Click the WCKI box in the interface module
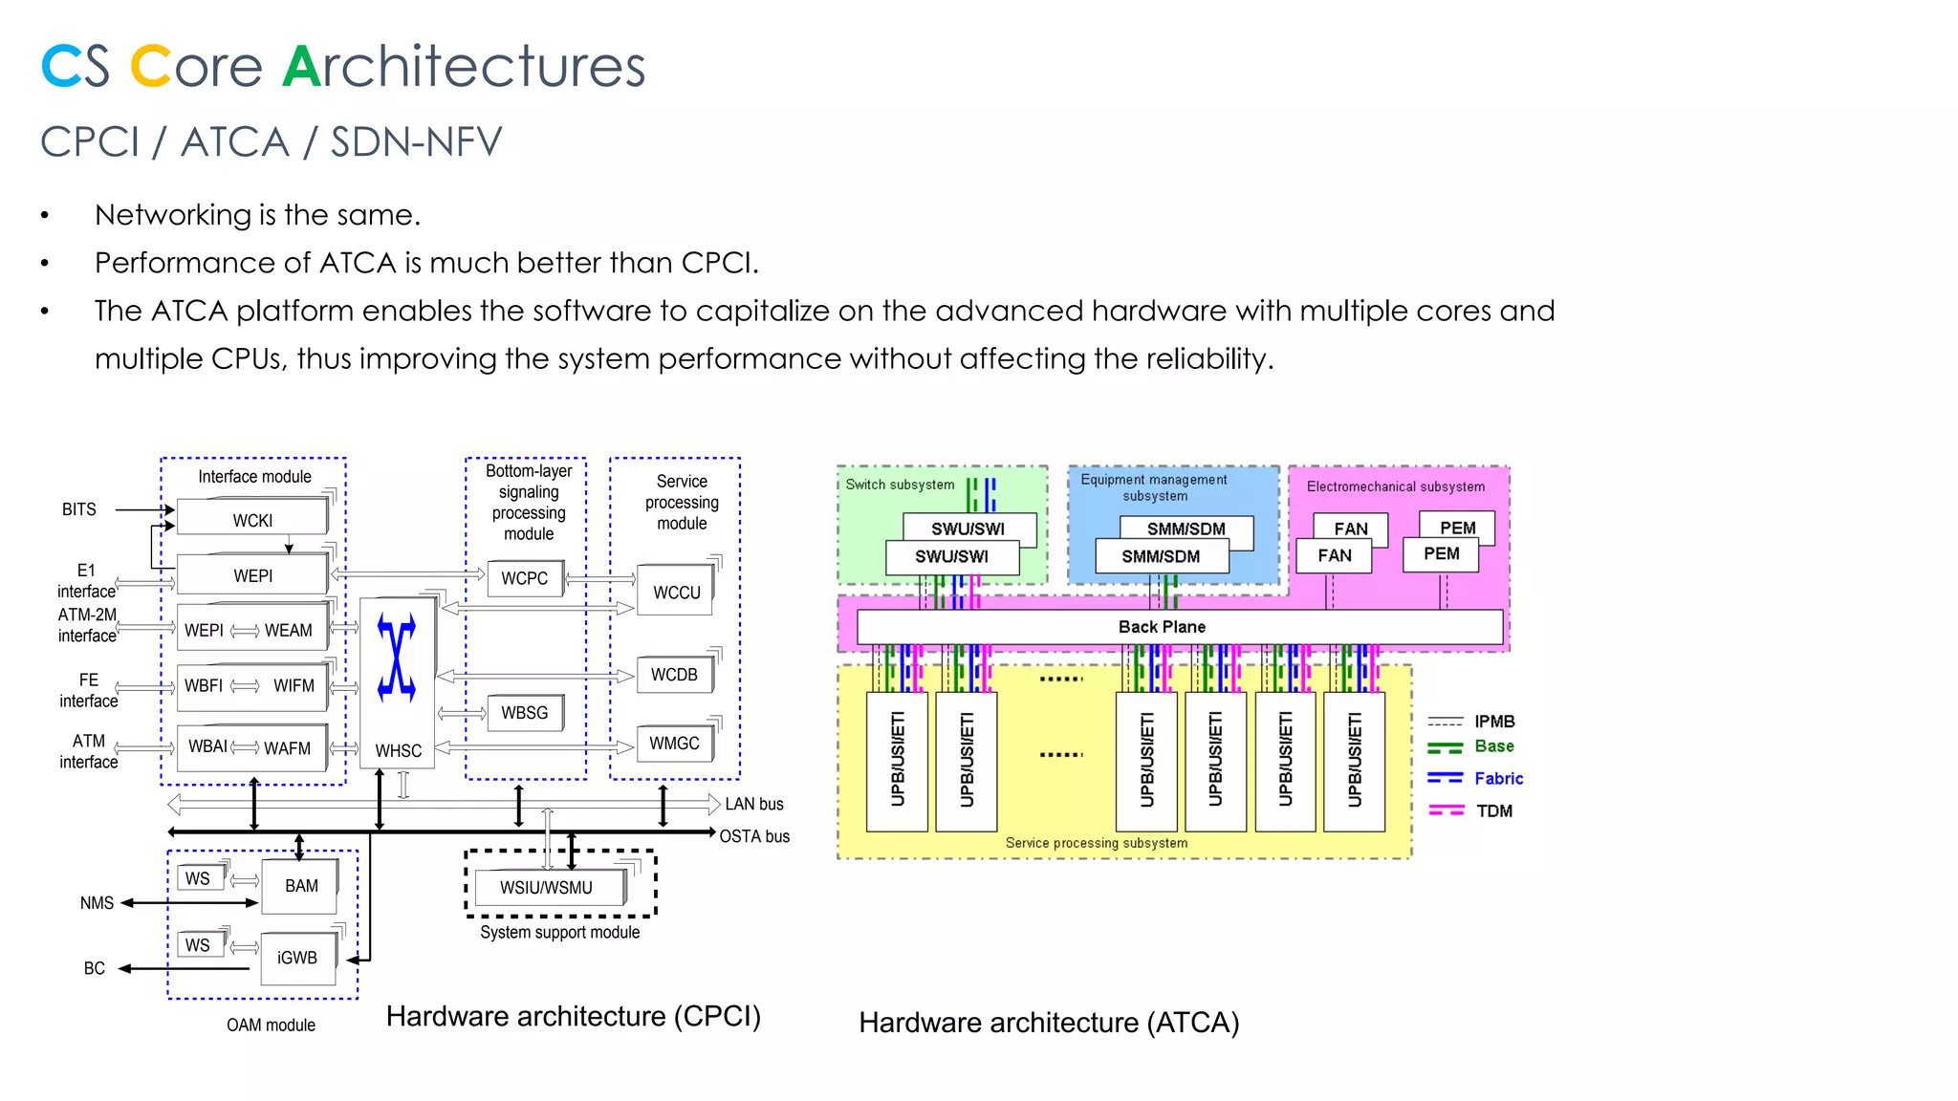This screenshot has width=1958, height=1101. [252, 520]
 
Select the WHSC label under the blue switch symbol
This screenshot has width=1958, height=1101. [398, 751]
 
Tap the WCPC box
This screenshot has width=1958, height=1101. [524, 578]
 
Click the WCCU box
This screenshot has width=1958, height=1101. [676, 593]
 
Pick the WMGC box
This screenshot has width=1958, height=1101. [674, 743]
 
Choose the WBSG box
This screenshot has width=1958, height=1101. [524, 713]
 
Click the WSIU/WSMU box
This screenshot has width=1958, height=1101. [546, 888]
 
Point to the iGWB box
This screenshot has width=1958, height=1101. [297, 958]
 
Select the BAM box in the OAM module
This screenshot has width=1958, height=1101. [301, 886]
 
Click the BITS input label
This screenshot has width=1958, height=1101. [79, 509]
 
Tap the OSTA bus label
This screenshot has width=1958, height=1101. [754, 836]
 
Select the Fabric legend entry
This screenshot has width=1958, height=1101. [1497, 778]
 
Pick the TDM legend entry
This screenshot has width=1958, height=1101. [1493, 810]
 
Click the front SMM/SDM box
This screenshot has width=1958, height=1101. [1161, 556]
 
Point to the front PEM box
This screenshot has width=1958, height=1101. [1441, 553]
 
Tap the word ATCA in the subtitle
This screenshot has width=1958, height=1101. [235, 142]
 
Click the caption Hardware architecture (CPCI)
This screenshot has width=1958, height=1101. [574, 1016]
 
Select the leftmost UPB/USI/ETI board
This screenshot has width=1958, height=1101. [897, 761]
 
